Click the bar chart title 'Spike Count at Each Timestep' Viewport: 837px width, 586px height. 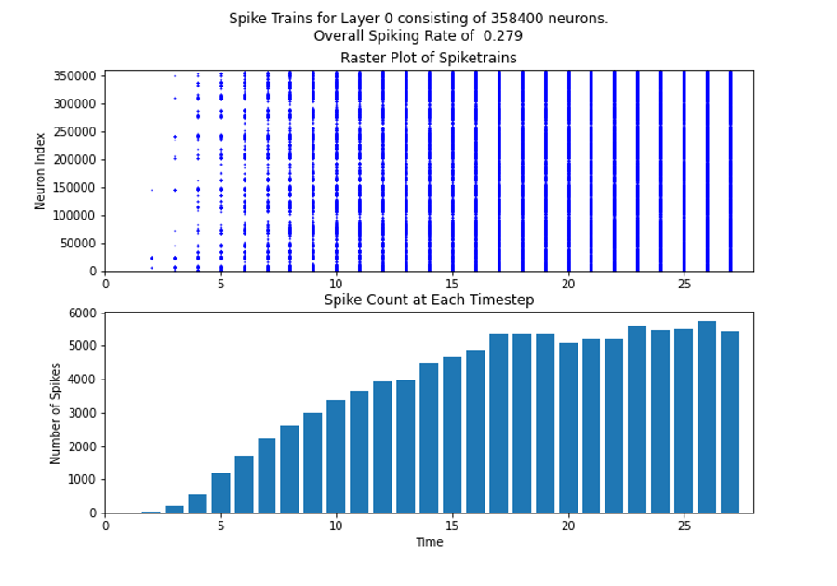click(x=428, y=300)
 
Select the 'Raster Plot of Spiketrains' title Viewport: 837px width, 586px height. click(x=428, y=59)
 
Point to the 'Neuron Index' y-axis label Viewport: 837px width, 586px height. click(x=41, y=170)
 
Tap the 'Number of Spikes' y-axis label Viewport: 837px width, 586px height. click(x=55, y=413)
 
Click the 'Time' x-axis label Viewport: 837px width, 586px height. click(x=429, y=542)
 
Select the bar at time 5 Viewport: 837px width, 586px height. click(x=220, y=493)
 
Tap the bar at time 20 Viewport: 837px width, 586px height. click(x=567, y=428)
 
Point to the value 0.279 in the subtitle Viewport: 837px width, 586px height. click(x=503, y=36)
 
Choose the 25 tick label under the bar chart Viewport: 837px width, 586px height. click(x=683, y=526)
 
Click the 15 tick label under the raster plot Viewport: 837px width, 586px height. click(x=452, y=284)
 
